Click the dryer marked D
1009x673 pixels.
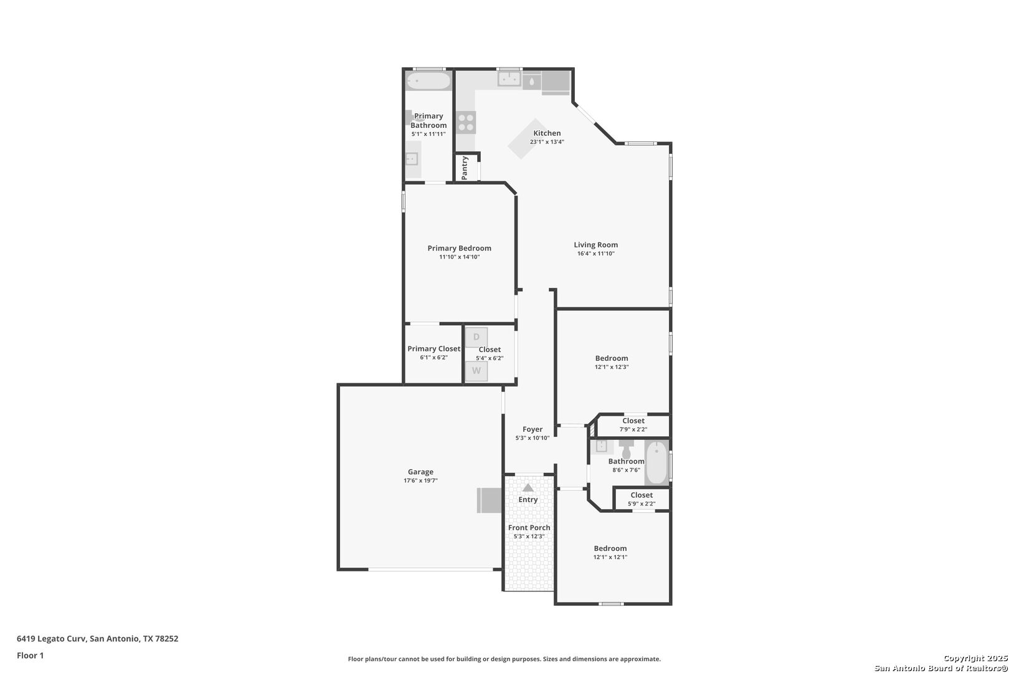coord(476,337)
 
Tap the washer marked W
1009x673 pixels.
coord(476,371)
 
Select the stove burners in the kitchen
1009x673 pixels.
coord(466,123)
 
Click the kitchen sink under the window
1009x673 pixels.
coord(509,79)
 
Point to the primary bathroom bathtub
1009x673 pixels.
coord(429,81)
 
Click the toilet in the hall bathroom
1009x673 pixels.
coord(626,448)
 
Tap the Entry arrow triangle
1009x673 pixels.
coord(528,488)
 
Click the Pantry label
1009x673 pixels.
coord(465,168)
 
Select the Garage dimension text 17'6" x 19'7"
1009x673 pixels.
coord(420,480)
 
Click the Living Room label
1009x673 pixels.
coord(595,245)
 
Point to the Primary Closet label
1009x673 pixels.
coord(433,349)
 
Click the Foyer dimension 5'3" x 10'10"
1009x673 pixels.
coord(533,437)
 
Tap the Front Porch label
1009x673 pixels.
coord(529,527)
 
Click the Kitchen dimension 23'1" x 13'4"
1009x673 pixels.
coord(547,141)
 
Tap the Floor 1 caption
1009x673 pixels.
coord(30,656)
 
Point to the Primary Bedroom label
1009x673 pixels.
coord(460,248)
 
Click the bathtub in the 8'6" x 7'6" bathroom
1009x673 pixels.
coord(656,462)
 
